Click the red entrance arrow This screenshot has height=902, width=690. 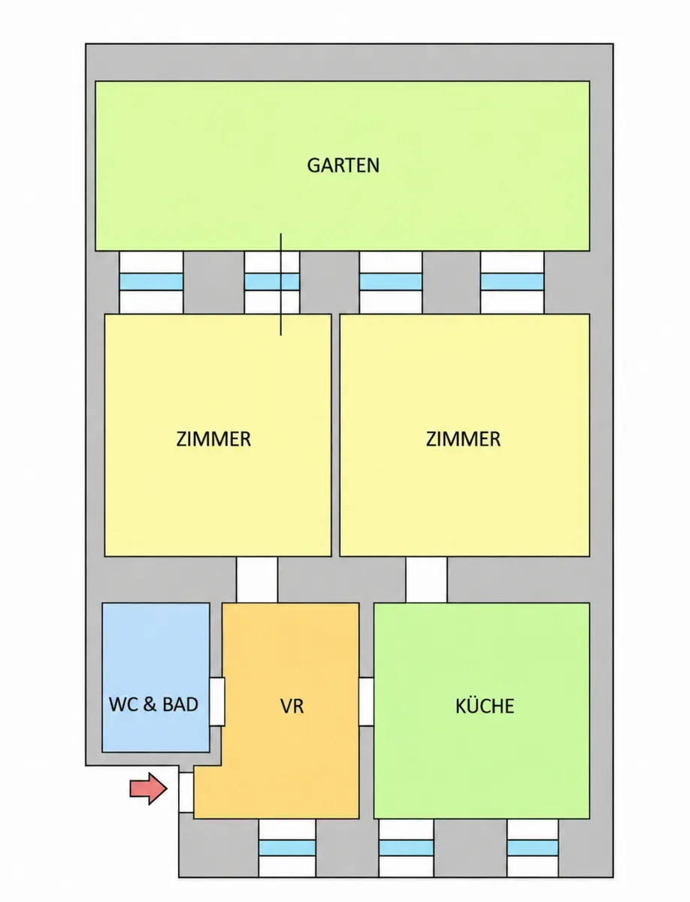pyautogui.click(x=148, y=788)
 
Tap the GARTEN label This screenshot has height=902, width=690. pyautogui.click(x=343, y=165)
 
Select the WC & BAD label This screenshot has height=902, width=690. pyautogui.click(x=153, y=704)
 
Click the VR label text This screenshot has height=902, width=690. pyautogui.click(x=292, y=706)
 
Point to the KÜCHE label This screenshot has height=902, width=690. pyautogui.click(x=485, y=705)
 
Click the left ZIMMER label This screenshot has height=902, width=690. pyautogui.click(x=213, y=439)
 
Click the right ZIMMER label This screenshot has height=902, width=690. pyautogui.click(x=463, y=439)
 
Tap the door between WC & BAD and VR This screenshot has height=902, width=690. pyautogui.click(x=217, y=701)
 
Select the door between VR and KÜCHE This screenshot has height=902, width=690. pyautogui.click(x=366, y=701)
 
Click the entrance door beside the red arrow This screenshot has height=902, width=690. pyautogui.click(x=186, y=792)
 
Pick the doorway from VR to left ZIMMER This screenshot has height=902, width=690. pyautogui.click(x=257, y=580)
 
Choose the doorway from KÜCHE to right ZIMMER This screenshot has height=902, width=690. pyautogui.click(x=427, y=580)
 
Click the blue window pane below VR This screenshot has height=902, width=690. pyautogui.click(x=287, y=848)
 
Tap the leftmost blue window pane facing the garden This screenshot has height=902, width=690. pyautogui.click(x=151, y=282)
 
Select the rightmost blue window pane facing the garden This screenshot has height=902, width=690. pyautogui.click(x=512, y=282)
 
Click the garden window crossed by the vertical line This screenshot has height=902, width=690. pyautogui.click(x=272, y=282)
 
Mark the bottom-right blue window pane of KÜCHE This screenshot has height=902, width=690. pyautogui.click(x=533, y=848)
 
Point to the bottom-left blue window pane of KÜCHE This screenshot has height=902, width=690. pyautogui.click(x=406, y=848)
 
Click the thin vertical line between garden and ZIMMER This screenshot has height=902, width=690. pyautogui.click(x=280, y=284)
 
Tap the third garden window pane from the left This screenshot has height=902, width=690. pyautogui.click(x=391, y=282)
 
